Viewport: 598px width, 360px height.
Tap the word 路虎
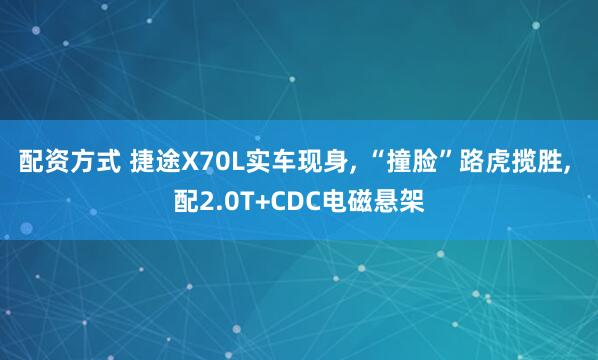[480, 161]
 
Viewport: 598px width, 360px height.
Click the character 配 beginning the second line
[185, 202]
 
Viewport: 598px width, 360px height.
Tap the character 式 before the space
[102, 161]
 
